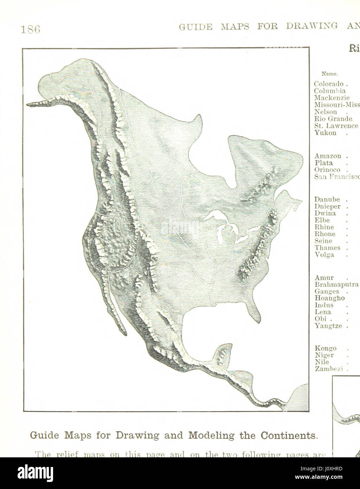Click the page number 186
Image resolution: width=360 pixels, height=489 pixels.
tap(31, 29)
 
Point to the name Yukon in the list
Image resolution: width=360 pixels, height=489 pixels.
tap(325, 133)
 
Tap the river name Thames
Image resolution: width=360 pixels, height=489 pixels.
tap(327, 248)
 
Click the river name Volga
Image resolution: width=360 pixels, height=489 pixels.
tap(324, 255)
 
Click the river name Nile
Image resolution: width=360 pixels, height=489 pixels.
tap(322, 362)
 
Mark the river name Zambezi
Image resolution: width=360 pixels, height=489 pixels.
tap(328, 369)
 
